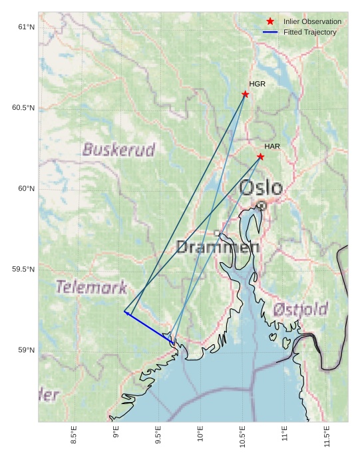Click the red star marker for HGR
(246, 94)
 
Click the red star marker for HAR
(260, 156)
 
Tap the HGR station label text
(257, 84)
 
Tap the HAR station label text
(272, 146)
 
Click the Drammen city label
(218, 248)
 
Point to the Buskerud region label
(119, 149)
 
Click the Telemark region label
(91, 288)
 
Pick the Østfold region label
(300, 310)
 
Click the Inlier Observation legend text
(312, 22)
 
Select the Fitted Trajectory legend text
(309, 32)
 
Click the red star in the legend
(270, 22)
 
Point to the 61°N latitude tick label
(26, 27)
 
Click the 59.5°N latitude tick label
(23, 270)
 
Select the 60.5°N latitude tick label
(23, 108)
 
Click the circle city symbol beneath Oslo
(262, 206)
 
